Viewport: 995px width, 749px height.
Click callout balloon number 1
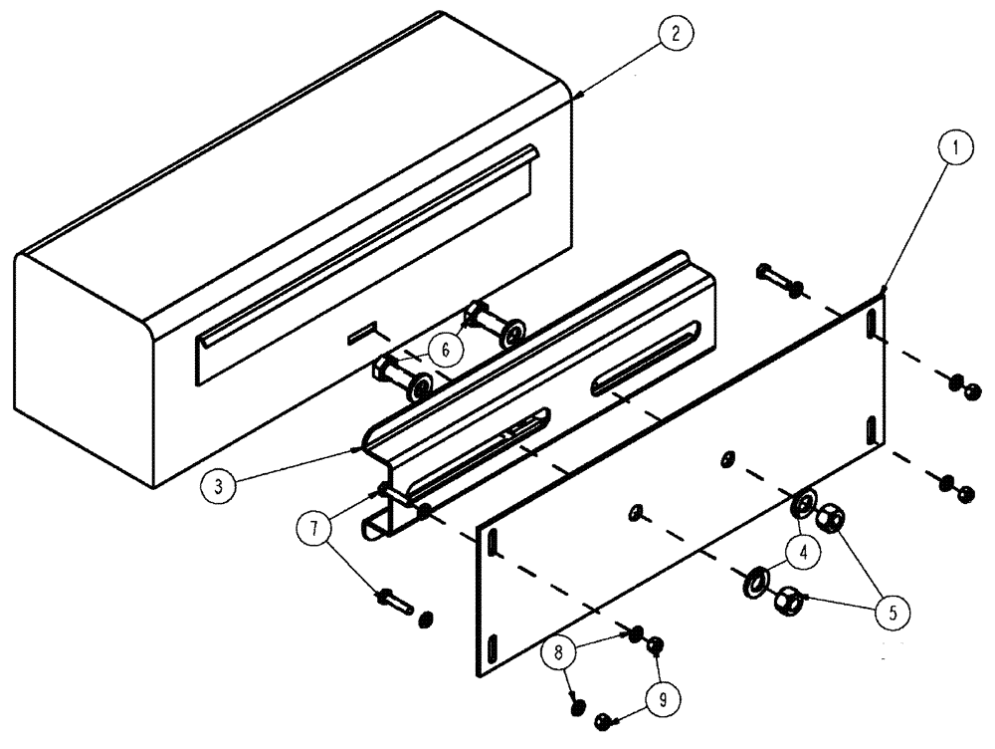[956, 150]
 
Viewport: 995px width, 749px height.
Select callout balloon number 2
[675, 34]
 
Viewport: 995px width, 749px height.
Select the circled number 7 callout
[314, 527]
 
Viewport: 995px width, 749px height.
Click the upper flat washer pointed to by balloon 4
[803, 504]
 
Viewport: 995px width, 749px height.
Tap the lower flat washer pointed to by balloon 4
[755, 580]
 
